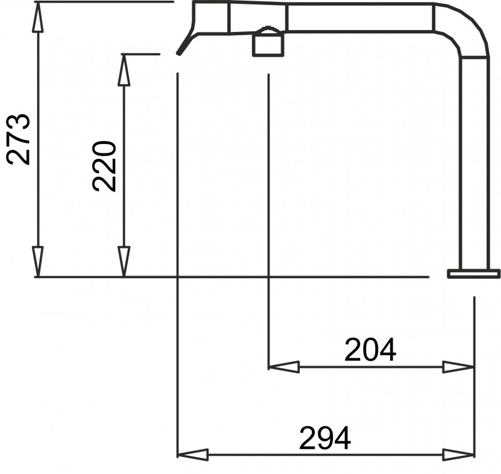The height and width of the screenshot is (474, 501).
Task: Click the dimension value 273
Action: pyautogui.click(x=19, y=138)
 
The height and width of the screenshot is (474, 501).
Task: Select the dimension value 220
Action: pyautogui.click(x=104, y=166)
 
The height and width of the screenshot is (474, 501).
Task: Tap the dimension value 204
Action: pyautogui.click(x=370, y=350)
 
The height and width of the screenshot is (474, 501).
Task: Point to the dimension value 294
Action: pyautogui.click(x=325, y=438)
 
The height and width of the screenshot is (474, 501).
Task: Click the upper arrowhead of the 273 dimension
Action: pyautogui.click(x=38, y=18)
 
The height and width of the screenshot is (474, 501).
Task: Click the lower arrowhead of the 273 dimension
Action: pyautogui.click(x=38, y=262)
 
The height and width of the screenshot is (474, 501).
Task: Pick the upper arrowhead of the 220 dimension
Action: pyautogui.click(x=124, y=70)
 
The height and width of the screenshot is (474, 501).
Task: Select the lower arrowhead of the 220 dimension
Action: pyautogui.click(x=124, y=262)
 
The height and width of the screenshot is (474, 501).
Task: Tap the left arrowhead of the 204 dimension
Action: pyautogui.click(x=284, y=367)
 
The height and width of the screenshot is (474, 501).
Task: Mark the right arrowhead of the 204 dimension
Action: pyautogui.click(x=458, y=367)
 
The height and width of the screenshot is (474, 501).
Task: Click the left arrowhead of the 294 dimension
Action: pyautogui.click(x=193, y=455)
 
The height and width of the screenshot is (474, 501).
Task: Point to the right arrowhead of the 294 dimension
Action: pyautogui.click(x=458, y=455)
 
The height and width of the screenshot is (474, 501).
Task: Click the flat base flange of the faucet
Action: pyautogui.click(x=473, y=274)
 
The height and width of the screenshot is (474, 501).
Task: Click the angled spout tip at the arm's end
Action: pyautogui.click(x=184, y=45)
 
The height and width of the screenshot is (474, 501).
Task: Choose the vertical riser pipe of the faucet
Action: pyautogui.click(x=474, y=163)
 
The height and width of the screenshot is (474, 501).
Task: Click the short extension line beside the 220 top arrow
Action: pyautogui.click(x=140, y=54)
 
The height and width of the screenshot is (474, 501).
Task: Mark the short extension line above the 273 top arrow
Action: pyautogui.click(x=104, y=2)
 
